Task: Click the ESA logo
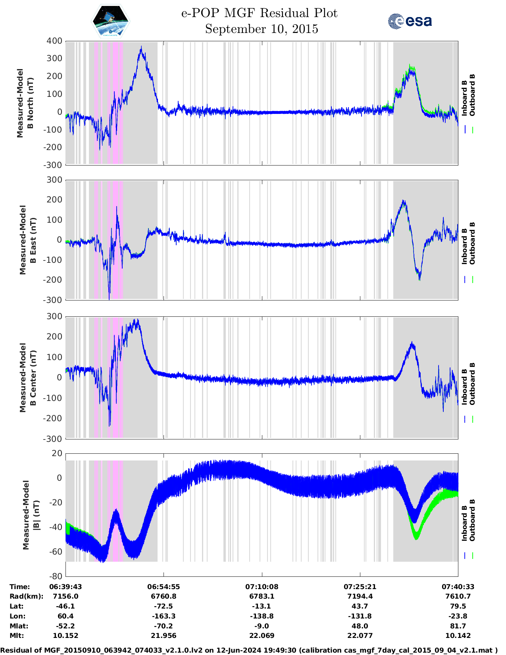pos(410,21)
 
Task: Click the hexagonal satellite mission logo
pos(111,21)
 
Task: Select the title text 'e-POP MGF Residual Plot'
pos(260,13)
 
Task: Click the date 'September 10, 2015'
pos(262,29)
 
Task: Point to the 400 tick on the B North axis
pos(54,41)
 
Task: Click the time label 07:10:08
pos(262,587)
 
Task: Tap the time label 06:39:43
pos(65,587)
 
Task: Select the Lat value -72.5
pos(164,606)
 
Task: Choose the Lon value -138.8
pos(262,616)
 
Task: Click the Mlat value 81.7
pos(458,626)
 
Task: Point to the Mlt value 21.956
pos(164,636)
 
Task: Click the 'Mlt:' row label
pos(17,636)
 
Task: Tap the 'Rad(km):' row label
pos(26,596)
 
